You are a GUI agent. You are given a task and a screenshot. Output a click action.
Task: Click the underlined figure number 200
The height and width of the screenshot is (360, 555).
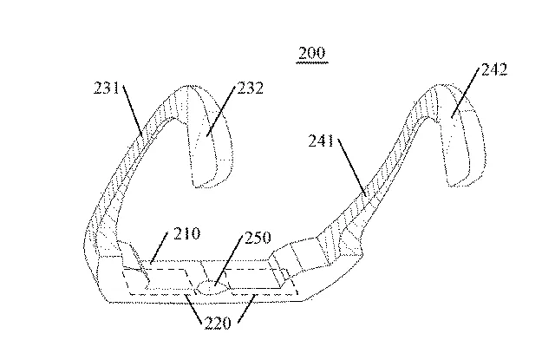[311, 54]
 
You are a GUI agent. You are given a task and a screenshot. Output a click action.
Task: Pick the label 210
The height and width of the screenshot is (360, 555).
[186, 234]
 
